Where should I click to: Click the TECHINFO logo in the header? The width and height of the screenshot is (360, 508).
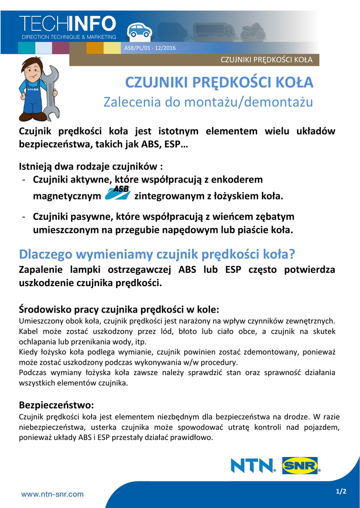68,23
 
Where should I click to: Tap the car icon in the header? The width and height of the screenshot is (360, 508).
139,31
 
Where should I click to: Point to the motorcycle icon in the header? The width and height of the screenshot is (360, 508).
253,31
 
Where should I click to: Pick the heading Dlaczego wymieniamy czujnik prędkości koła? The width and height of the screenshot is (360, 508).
157,254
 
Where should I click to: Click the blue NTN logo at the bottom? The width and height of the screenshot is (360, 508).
253,466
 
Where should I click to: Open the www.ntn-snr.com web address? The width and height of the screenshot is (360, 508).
52,494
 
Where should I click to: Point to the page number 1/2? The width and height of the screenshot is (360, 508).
341,491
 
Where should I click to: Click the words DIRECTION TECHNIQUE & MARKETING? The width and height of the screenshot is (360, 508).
69,37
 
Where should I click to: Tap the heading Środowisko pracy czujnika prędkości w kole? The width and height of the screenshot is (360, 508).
119,309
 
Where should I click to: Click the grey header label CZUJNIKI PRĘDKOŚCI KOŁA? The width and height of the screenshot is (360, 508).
266,60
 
